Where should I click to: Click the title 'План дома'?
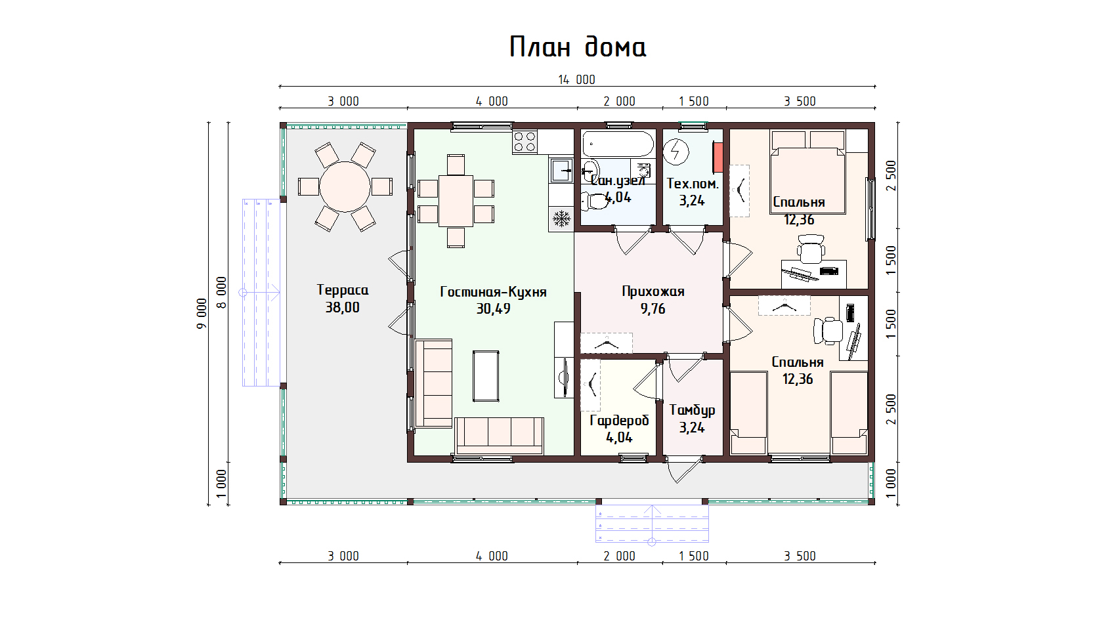point(578,47)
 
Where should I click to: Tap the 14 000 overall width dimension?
point(576,79)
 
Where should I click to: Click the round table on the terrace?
point(345,187)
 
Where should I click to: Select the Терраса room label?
point(343,290)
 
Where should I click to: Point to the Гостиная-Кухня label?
point(493,291)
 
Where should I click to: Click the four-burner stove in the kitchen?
point(525,142)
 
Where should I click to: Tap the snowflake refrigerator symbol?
point(561,219)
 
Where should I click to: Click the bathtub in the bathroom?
point(618,144)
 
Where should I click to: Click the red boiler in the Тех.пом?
point(718,157)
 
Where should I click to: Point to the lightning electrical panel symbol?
point(676,152)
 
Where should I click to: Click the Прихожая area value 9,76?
point(653,309)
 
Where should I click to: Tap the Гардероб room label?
point(619,421)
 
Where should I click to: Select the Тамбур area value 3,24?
point(692,427)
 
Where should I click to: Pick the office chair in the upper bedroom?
point(811,249)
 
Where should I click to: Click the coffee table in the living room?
point(486,376)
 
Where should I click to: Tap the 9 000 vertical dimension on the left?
point(202,313)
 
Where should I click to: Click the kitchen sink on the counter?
point(561,170)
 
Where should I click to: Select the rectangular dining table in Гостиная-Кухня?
point(456,201)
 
